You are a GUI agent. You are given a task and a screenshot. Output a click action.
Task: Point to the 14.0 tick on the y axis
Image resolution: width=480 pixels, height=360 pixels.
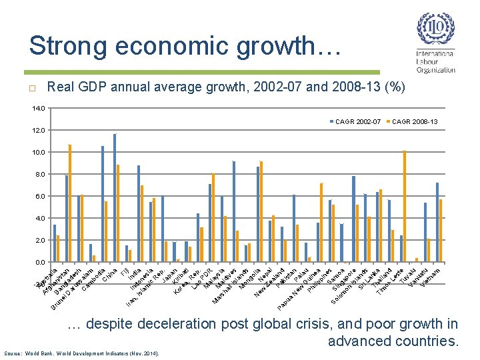[x=38, y=108]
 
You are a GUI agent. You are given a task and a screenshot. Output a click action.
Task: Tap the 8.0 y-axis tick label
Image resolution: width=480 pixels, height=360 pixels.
[x=39, y=174]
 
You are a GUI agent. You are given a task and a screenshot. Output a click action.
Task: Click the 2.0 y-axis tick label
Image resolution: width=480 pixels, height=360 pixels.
[x=39, y=240]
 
